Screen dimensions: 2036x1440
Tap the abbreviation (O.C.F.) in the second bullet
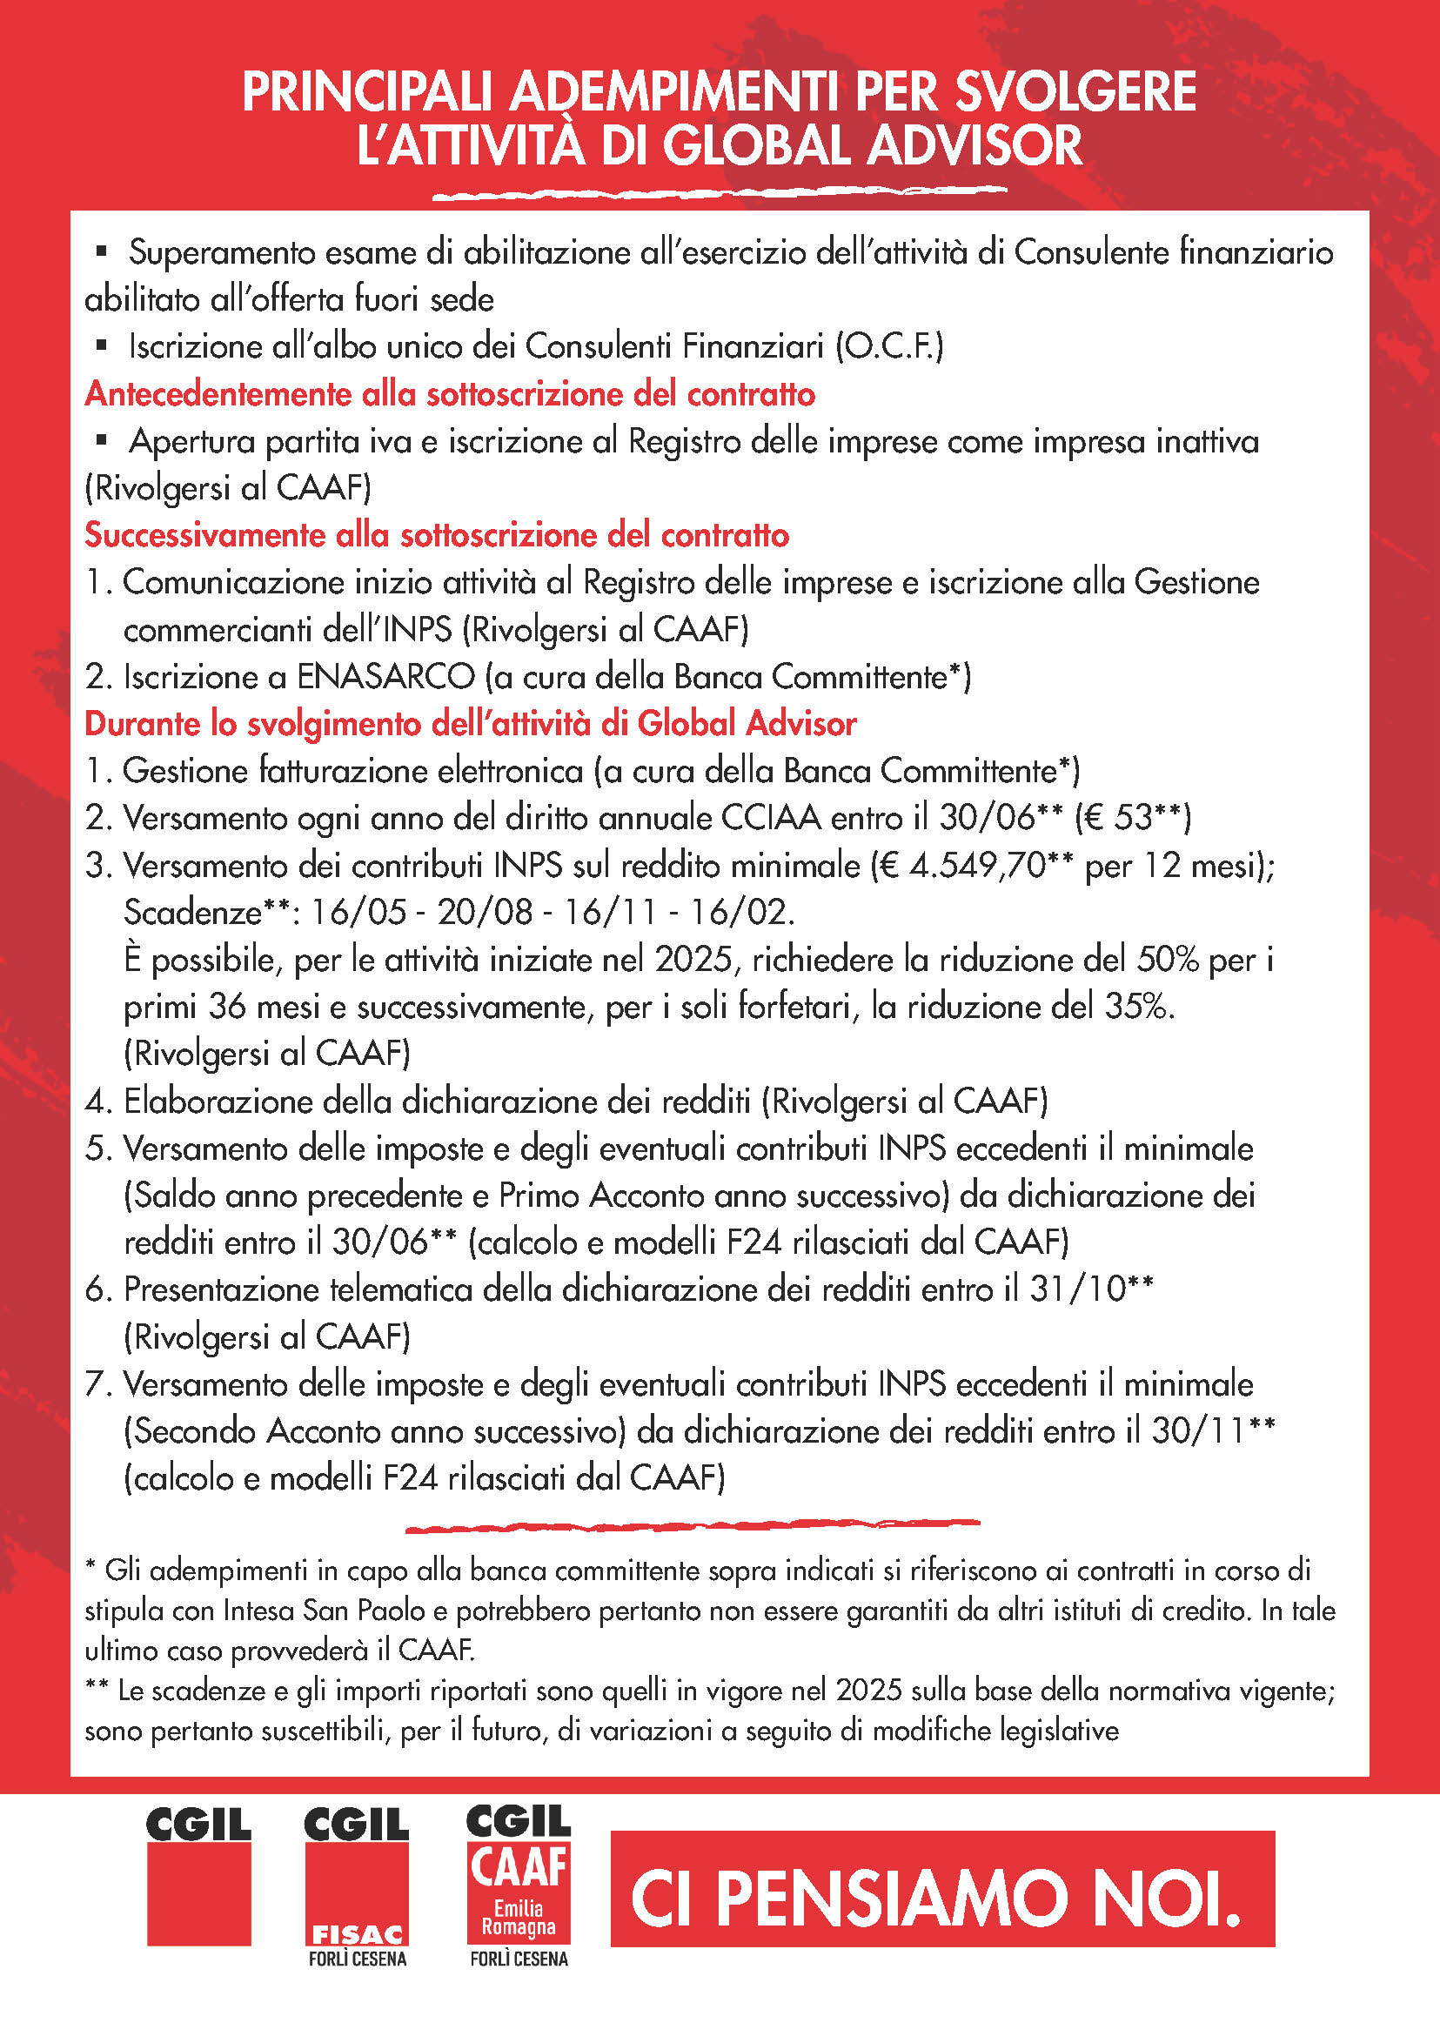[889, 345]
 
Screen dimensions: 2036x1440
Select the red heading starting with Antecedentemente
[450, 394]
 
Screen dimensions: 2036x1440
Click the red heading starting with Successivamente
[436, 535]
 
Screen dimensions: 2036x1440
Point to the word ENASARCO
[385, 677]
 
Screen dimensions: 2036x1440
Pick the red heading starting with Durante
[470, 724]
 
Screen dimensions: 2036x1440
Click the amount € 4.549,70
[971, 865]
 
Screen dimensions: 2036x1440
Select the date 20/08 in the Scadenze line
[485, 912]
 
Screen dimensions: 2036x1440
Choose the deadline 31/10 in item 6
[1077, 1289]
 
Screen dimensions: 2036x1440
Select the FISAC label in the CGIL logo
[357, 1935]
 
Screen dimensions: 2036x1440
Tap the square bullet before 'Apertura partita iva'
[101, 440]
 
